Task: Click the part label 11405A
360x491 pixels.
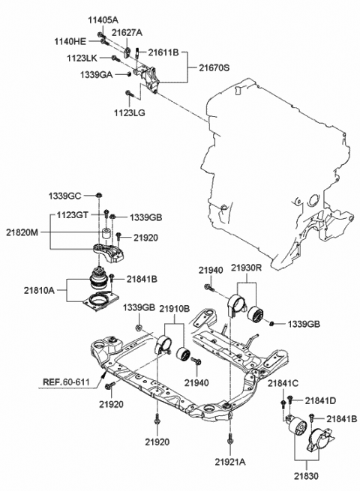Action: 103,21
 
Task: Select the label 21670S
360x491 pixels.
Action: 214,67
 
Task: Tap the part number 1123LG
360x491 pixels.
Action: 130,112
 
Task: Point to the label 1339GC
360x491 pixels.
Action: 64,196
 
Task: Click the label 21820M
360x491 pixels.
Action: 22,232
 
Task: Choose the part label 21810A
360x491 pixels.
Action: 39,290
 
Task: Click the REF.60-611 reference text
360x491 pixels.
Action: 66,382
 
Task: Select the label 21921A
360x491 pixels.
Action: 230,462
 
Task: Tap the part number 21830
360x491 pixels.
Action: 306,476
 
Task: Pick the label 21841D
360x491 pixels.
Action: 320,400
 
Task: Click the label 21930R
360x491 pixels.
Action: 246,268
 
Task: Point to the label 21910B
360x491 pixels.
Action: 175,308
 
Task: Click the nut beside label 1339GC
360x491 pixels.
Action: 98,195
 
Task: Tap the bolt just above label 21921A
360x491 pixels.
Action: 230,439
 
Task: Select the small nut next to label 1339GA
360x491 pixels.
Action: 128,74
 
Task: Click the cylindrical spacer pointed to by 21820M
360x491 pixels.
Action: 106,233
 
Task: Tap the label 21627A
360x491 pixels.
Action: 127,32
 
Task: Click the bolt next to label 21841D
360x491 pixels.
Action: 289,400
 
